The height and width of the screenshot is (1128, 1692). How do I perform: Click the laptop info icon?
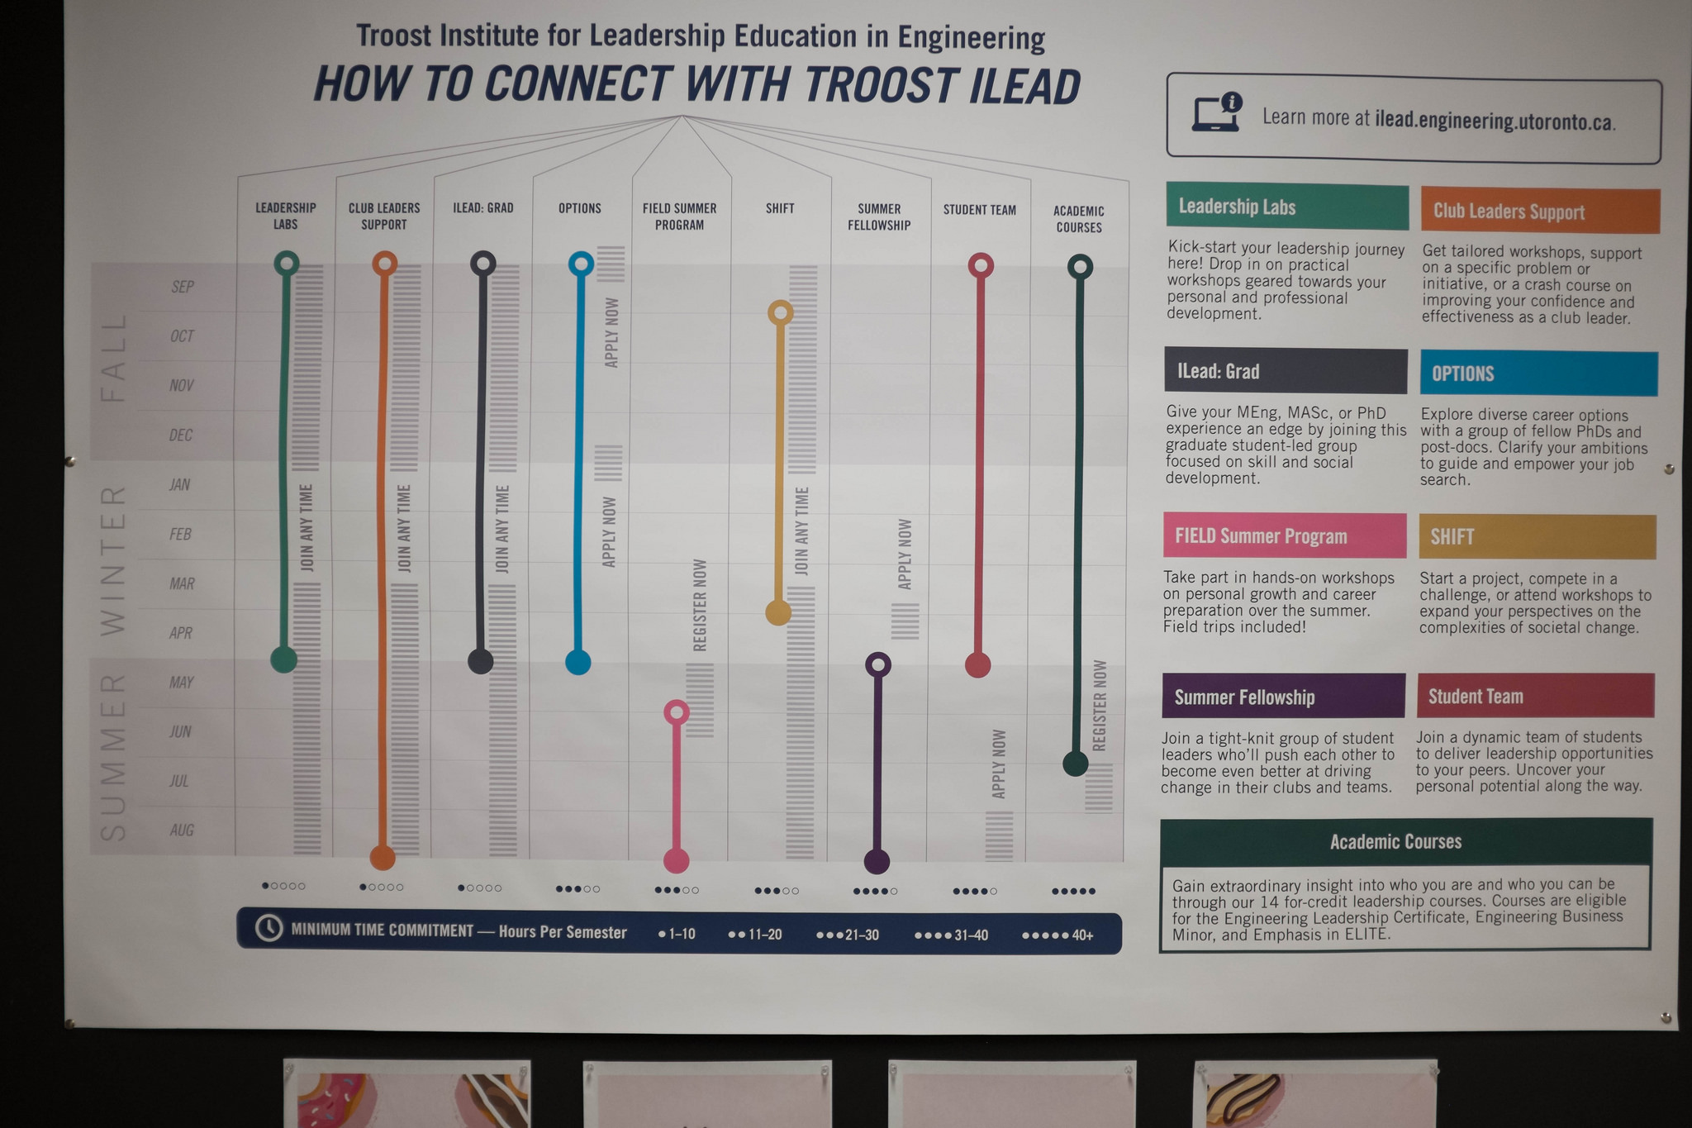point(1217,113)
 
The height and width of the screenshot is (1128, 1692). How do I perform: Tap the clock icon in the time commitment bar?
point(269,928)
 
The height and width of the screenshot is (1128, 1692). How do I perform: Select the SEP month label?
point(183,287)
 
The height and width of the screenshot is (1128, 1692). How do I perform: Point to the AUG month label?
point(182,830)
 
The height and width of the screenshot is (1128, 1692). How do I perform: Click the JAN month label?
point(180,484)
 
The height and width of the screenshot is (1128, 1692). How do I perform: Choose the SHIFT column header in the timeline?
point(780,208)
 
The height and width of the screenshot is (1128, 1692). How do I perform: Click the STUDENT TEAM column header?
point(980,210)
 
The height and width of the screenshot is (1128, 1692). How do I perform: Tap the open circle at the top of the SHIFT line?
point(781,312)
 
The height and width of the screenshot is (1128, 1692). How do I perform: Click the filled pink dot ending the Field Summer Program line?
point(677,860)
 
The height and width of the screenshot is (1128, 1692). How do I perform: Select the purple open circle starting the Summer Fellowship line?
point(878,664)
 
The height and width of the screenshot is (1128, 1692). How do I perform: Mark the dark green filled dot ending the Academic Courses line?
point(1075,764)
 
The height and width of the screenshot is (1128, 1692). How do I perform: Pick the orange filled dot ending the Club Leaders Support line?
point(383,858)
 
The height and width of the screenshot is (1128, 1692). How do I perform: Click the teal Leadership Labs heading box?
point(1287,207)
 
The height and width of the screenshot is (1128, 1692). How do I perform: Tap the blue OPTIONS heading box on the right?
point(1538,374)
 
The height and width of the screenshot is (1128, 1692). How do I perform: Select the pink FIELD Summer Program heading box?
point(1285,535)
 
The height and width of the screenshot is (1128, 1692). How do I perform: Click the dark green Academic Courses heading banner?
point(1406,841)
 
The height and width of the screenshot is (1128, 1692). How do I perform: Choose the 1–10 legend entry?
point(677,934)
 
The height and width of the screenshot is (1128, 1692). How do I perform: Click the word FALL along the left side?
point(113,357)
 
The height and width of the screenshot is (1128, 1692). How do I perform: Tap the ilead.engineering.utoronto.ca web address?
point(1495,121)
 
